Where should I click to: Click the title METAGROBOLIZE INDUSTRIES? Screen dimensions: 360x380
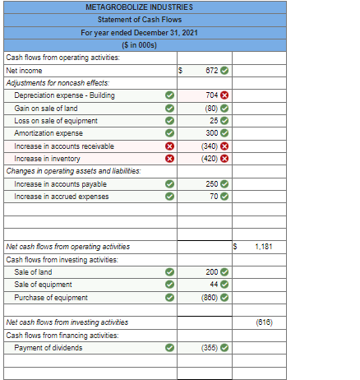tap(145, 7)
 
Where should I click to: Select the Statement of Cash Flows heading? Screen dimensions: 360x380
tap(145, 19)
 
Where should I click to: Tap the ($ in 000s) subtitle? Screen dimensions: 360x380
tap(145, 44)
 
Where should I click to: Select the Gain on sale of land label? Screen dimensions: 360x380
tap(47, 108)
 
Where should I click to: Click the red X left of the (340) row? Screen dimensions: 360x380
tap(168, 146)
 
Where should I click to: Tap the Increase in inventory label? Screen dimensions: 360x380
tap(48, 159)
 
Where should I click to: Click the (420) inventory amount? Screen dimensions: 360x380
tap(210, 159)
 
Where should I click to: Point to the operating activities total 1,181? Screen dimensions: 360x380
tap(264, 247)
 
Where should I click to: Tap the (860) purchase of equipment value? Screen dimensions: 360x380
tap(210, 298)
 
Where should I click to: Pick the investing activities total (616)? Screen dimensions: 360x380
tap(264, 322)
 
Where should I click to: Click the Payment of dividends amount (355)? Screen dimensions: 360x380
tap(210, 348)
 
